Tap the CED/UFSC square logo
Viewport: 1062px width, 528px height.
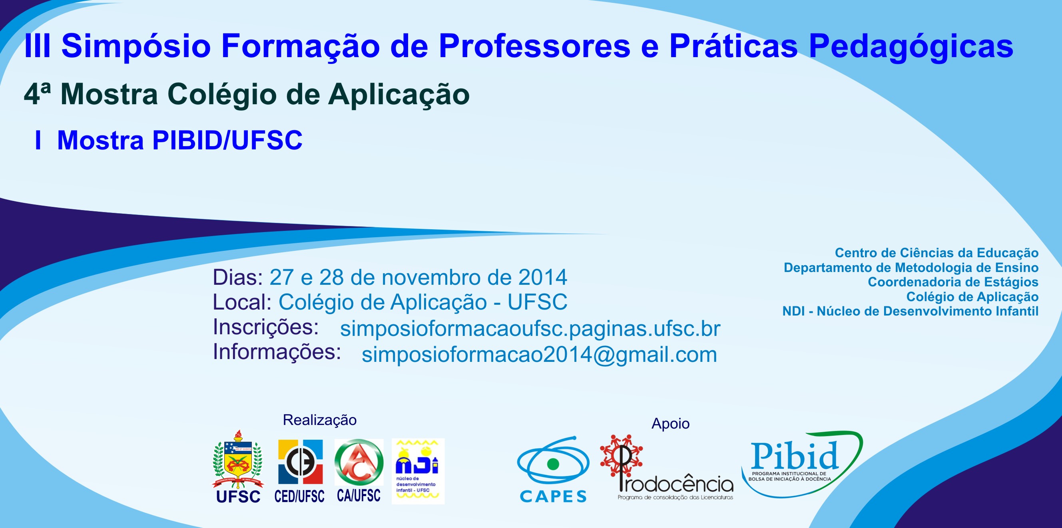point(300,462)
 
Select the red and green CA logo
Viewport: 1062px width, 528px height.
point(359,462)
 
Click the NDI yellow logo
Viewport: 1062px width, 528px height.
point(418,471)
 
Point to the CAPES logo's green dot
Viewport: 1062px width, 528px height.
point(553,464)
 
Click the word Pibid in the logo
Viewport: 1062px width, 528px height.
point(795,456)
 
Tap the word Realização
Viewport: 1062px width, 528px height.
point(319,420)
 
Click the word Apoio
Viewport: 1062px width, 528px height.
point(670,424)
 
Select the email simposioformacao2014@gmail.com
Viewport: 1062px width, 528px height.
point(539,355)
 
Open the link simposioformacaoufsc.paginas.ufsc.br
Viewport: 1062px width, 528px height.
point(530,329)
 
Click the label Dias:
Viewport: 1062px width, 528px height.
point(238,277)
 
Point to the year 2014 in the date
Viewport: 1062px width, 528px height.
point(542,277)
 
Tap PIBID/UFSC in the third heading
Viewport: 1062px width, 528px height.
point(227,141)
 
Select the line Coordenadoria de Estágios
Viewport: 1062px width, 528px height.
point(953,282)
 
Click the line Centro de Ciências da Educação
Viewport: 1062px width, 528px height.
point(936,252)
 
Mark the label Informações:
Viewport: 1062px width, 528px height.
point(277,352)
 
